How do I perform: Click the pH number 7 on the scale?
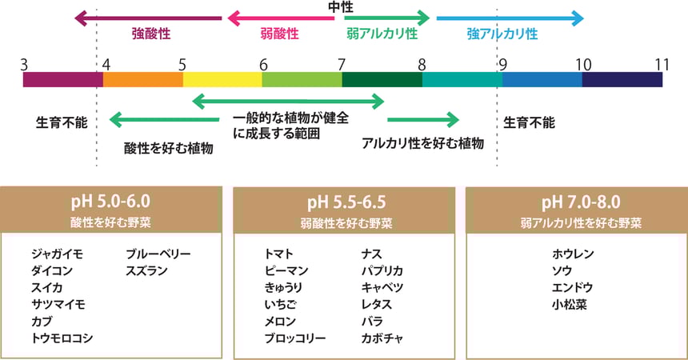pyautogui.click(x=342, y=64)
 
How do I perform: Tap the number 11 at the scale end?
pyautogui.click(x=661, y=64)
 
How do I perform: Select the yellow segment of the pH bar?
pyautogui.click(x=222, y=80)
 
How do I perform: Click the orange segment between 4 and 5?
pyautogui.click(x=142, y=80)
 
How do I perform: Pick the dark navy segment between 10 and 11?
pyautogui.click(x=622, y=80)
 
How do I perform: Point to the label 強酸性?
pyautogui.click(x=152, y=34)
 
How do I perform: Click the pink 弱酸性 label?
pyautogui.click(x=280, y=34)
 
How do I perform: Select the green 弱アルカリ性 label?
pyautogui.click(x=382, y=34)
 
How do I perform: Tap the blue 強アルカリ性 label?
pyautogui.click(x=502, y=34)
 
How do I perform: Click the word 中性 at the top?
pyautogui.click(x=342, y=7)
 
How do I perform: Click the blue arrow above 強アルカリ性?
pyautogui.click(x=510, y=18)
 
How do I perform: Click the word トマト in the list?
pyautogui.click(x=281, y=254)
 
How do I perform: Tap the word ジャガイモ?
pyautogui.click(x=57, y=254)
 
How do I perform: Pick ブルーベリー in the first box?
pyautogui.click(x=158, y=254)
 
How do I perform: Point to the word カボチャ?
pyautogui.click(x=382, y=338)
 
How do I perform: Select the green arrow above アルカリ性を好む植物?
pyautogui.click(x=423, y=120)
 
